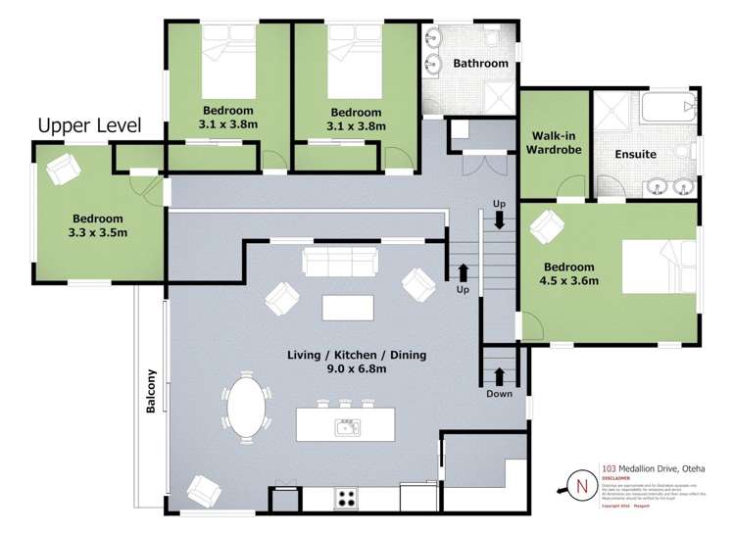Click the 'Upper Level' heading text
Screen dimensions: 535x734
click(89, 125)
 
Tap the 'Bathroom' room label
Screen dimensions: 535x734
click(480, 64)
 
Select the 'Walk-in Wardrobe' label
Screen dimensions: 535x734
click(555, 143)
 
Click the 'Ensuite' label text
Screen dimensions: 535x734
click(635, 154)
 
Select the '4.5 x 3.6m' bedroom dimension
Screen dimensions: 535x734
click(569, 281)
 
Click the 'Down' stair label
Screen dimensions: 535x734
click(499, 395)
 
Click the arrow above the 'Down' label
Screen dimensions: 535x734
click(499, 375)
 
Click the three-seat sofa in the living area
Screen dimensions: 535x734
click(340, 262)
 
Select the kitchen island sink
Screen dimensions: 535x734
click(347, 426)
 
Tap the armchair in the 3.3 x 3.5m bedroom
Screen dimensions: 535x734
click(62, 168)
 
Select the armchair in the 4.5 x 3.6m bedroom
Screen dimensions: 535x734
click(543, 229)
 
